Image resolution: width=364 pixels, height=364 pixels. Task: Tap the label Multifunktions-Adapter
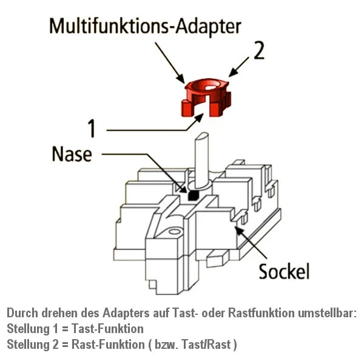click(x=145, y=27)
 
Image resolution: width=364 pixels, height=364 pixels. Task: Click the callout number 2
click(x=258, y=52)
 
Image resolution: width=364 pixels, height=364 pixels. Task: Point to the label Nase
click(x=72, y=154)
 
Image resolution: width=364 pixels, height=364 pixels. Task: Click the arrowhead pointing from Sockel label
click(x=237, y=227)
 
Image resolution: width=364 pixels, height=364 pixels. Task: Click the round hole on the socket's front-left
click(x=174, y=231)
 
